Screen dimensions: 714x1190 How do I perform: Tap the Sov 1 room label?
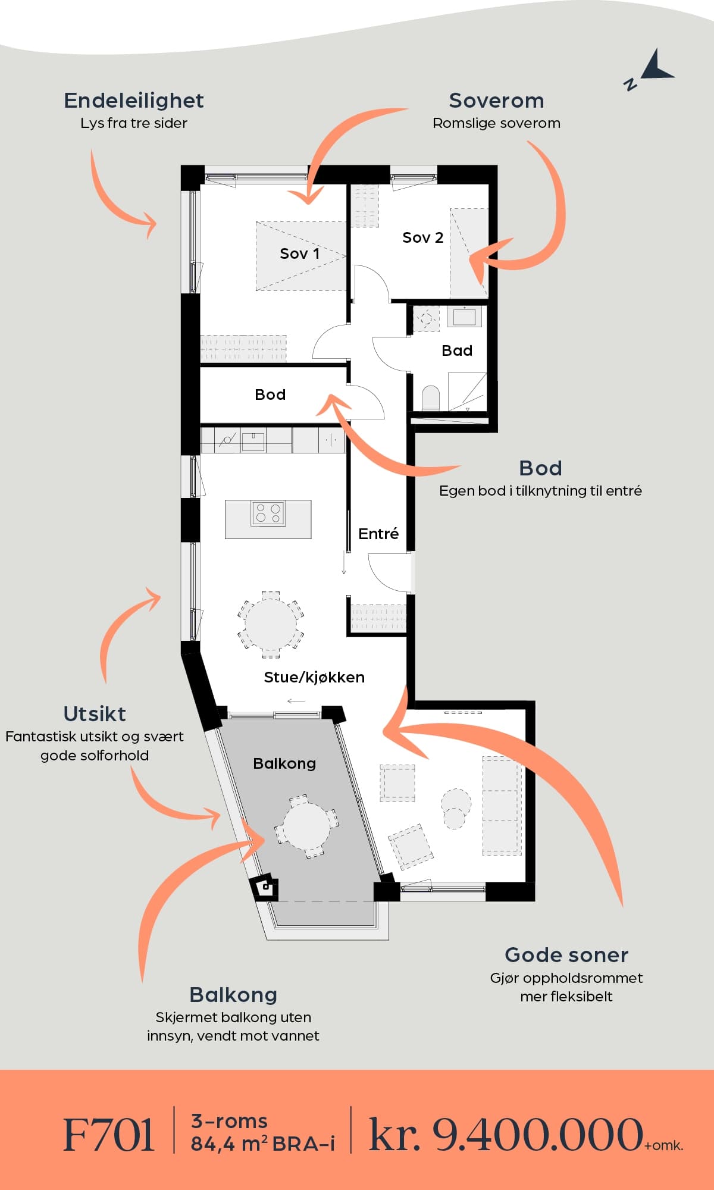[x=300, y=254]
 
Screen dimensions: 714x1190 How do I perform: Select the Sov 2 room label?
[x=422, y=238]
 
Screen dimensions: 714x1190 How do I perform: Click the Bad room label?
[x=457, y=350]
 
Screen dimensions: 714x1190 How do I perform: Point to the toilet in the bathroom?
[x=430, y=398]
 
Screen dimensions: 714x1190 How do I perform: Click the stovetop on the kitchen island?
[x=268, y=513]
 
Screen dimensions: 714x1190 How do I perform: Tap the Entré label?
[x=378, y=534]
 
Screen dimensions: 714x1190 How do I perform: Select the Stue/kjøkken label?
[x=314, y=677]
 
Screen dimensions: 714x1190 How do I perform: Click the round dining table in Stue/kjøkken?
[x=271, y=624]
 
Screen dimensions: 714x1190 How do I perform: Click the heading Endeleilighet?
[x=134, y=101]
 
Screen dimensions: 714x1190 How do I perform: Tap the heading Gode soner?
[x=566, y=955]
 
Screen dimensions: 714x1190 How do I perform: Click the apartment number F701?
[x=109, y=1135]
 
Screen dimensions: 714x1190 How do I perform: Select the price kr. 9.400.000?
[x=506, y=1135]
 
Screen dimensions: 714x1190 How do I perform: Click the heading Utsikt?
[x=95, y=713]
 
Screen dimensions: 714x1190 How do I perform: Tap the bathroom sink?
[x=464, y=317]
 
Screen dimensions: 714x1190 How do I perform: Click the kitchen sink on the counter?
[x=253, y=441]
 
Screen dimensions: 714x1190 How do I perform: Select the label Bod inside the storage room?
[x=270, y=394]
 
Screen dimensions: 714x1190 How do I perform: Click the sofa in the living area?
[x=502, y=806]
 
